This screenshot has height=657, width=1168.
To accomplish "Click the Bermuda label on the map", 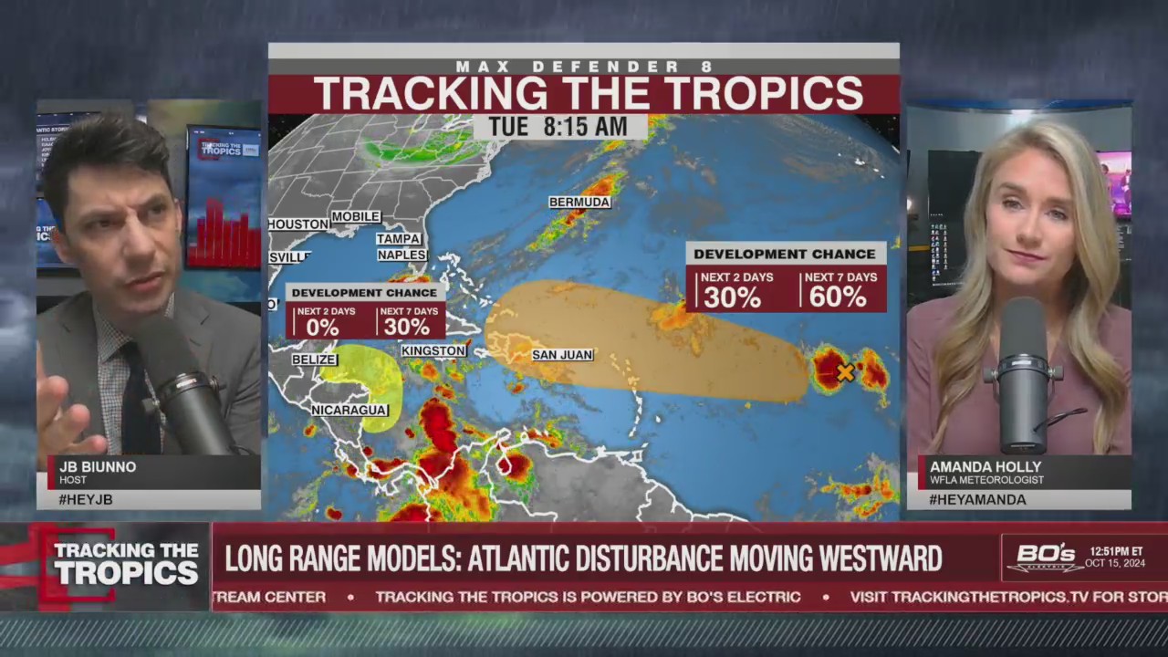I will pyautogui.click(x=579, y=202).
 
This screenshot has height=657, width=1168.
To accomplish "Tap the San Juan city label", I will pyautogui.click(x=563, y=354).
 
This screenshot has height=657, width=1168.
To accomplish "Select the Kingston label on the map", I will pyautogui.click(x=434, y=350).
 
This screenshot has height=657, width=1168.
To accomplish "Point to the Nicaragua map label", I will pyautogui.click(x=349, y=410).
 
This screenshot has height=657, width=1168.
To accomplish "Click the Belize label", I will pyautogui.click(x=314, y=360).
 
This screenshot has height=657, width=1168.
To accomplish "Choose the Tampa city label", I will pyautogui.click(x=399, y=238).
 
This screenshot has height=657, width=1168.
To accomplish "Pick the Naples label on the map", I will pyautogui.click(x=401, y=255).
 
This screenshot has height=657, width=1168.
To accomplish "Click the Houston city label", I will pyautogui.click(x=298, y=224).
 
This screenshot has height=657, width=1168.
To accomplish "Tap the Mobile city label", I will pyautogui.click(x=355, y=216).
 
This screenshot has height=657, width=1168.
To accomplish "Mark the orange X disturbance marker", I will pyautogui.click(x=846, y=372).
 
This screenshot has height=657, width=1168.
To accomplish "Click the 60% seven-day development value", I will pyautogui.click(x=837, y=297).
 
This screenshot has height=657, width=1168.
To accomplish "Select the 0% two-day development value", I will pyautogui.click(x=322, y=327).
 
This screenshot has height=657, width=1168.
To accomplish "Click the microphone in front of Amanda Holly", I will pyautogui.click(x=1022, y=374).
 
